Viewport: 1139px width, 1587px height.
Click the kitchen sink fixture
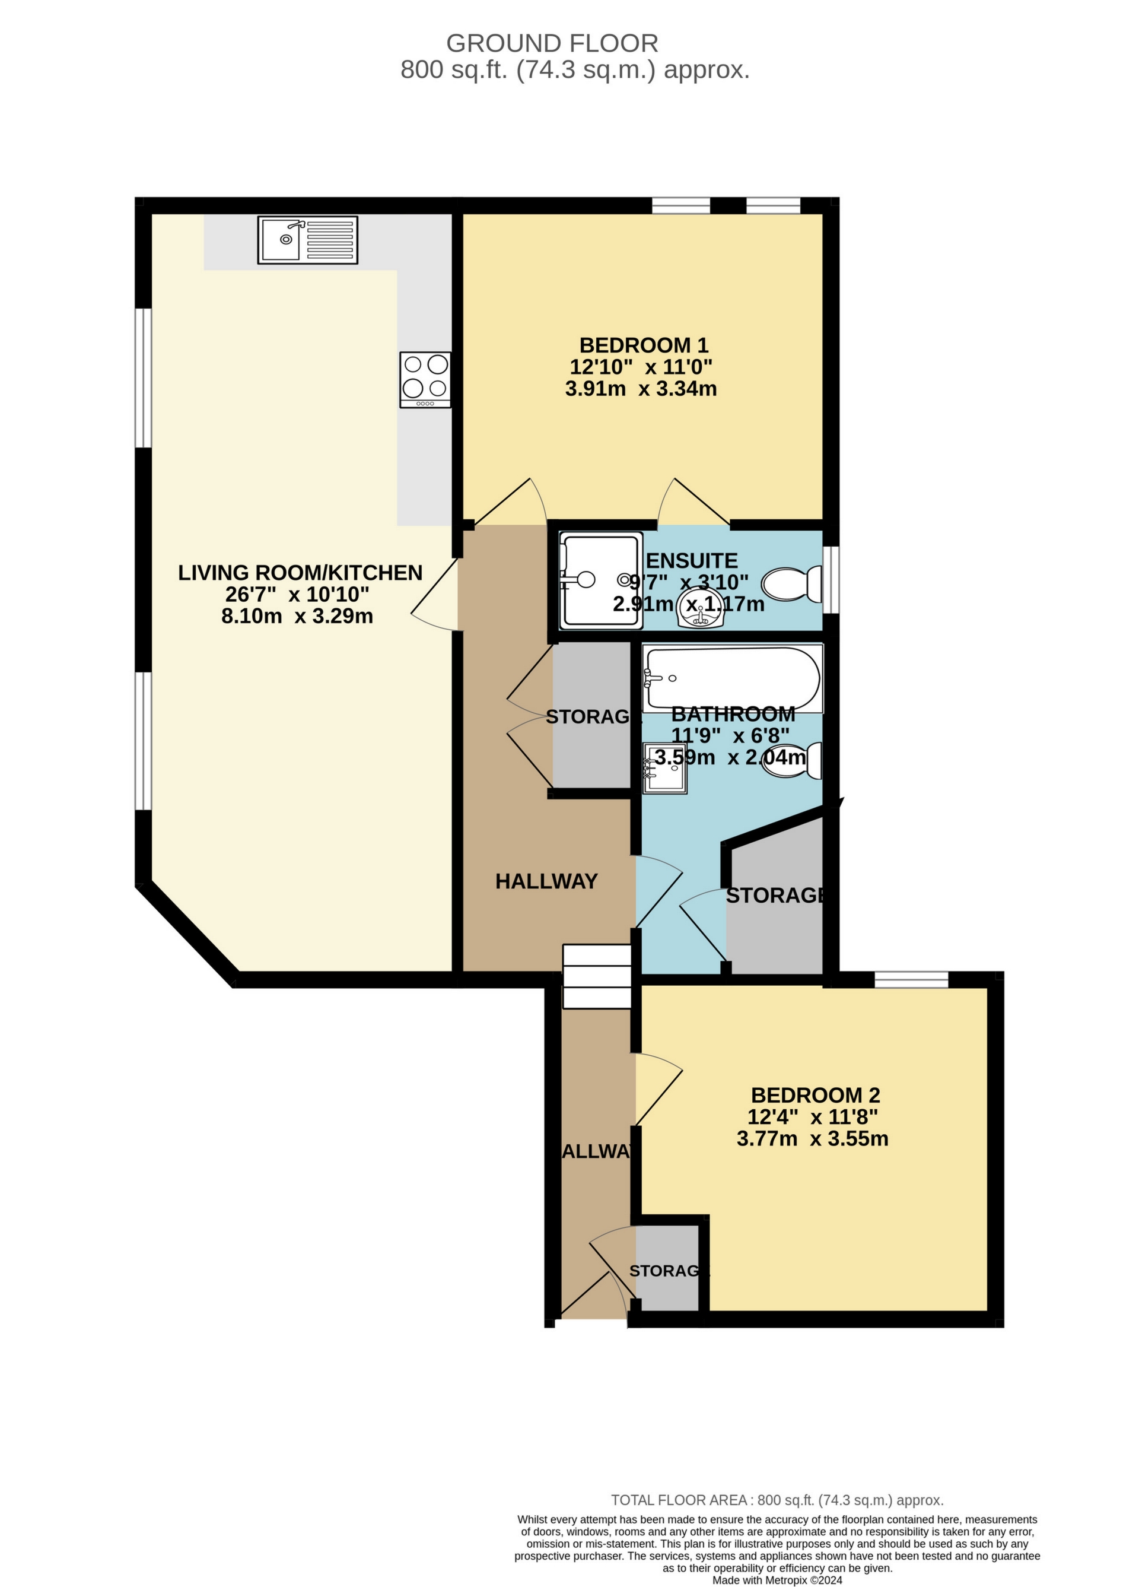tap(307, 240)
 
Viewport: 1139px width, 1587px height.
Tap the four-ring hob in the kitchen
tap(425, 379)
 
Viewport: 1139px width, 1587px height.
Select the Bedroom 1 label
tap(644, 345)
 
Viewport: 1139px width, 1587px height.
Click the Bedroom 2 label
tap(815, 1095)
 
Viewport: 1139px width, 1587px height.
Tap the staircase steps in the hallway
tap(597, 977)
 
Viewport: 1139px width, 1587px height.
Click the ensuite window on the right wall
tap(831, 580)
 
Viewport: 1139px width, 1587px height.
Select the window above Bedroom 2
tap(911, 979)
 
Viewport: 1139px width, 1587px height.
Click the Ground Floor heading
tap(552, 43)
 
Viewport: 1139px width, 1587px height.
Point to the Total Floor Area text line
tap(777, 1500)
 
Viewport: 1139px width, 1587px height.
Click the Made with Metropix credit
tap(777, 1580)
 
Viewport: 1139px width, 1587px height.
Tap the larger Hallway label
tap(546, 881)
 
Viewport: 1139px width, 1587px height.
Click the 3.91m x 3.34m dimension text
tap(641, 389)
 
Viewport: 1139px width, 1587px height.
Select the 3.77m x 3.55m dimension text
tap(812, 1138)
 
